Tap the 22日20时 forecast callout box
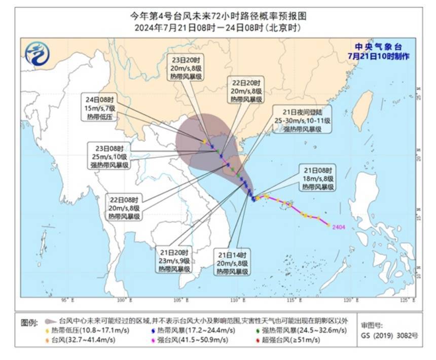point(246,91)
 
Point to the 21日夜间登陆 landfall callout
point(302,120)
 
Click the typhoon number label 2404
point(338,227)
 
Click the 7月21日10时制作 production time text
point(378,55)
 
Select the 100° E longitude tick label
point(122,300)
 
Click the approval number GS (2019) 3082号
point(389,335)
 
